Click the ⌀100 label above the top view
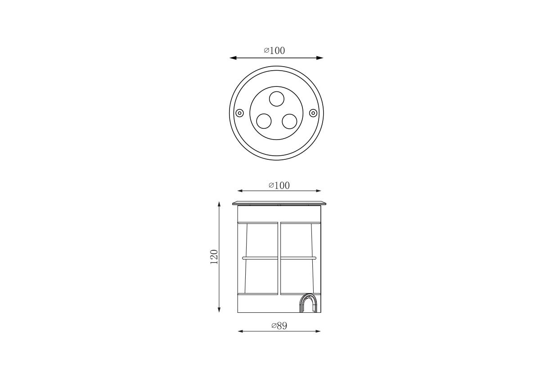(274, 50)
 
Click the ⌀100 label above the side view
(279, 185)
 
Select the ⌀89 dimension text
(279, 326)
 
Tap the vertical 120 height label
(214, 257)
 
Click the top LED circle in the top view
(276, 99)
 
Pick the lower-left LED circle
(264, 121)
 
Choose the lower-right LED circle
(289, 121)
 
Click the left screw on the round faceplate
(240, 113)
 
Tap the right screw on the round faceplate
(313, 113)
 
